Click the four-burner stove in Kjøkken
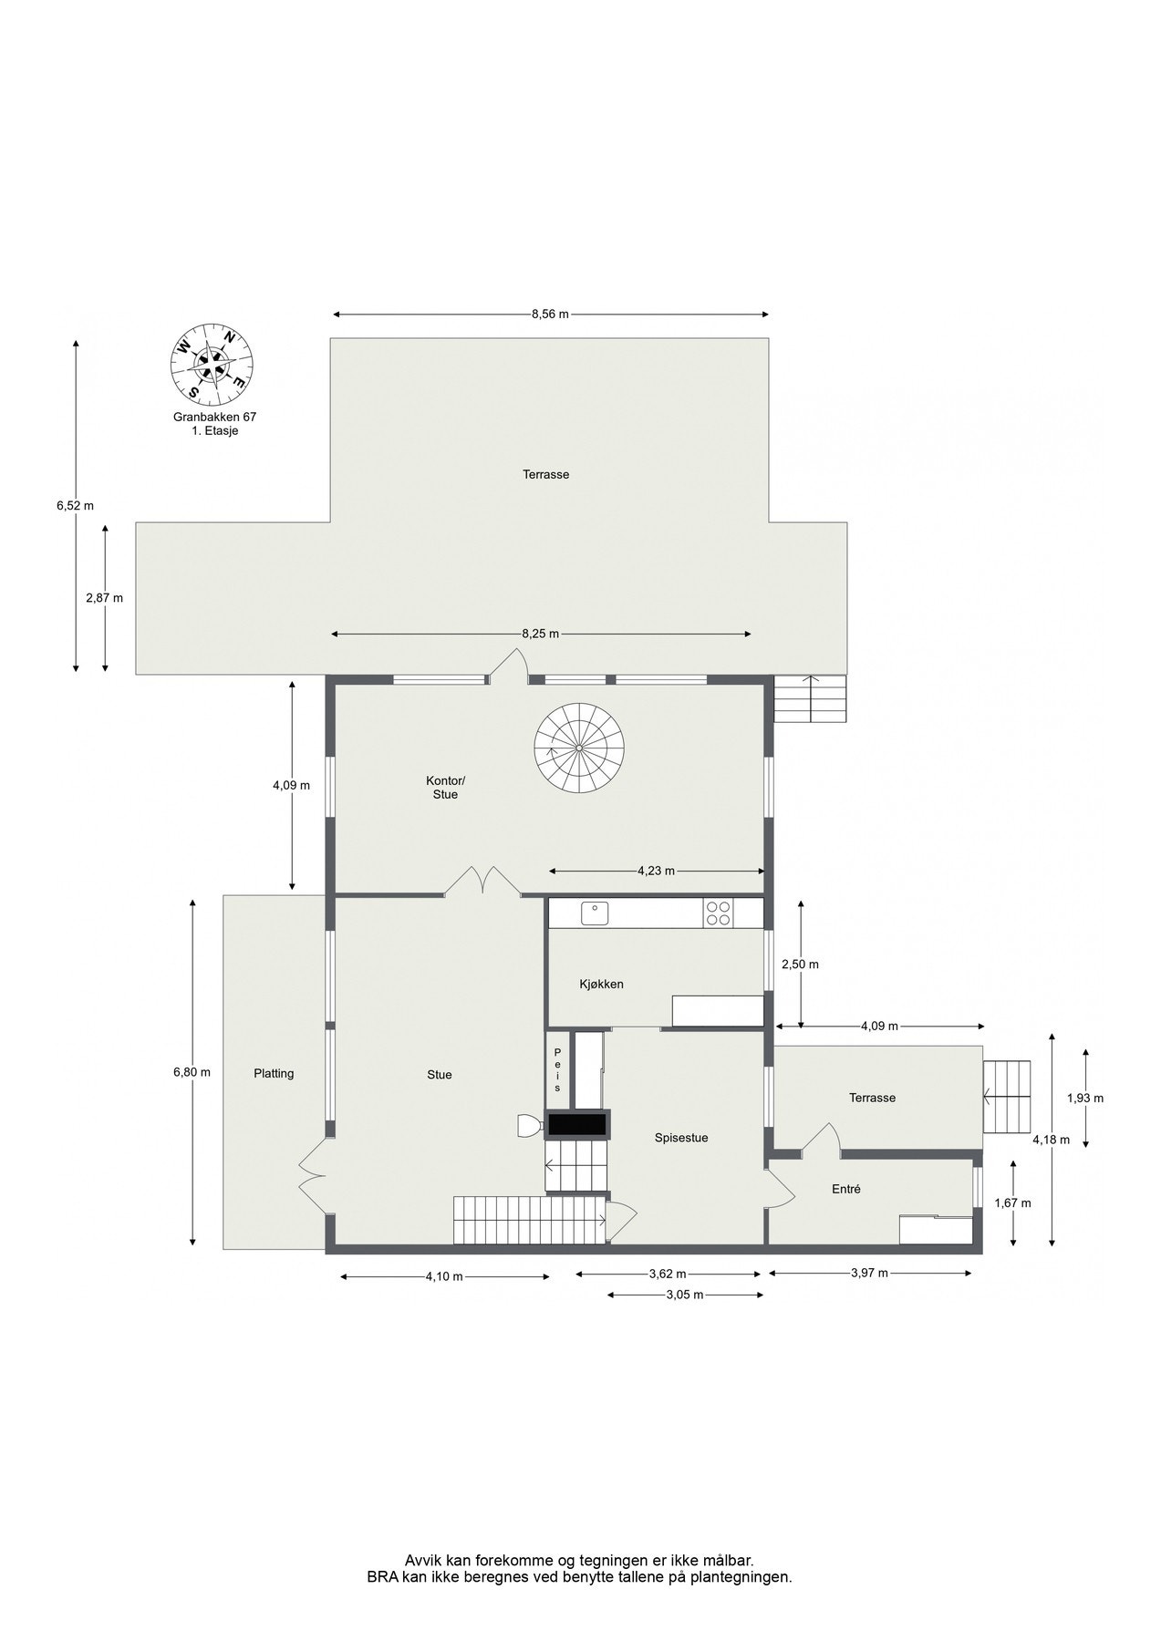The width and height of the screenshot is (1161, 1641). pos(719,913)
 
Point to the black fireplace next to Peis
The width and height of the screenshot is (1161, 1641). pos(577,1125)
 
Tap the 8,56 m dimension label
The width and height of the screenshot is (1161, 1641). pos(550,315)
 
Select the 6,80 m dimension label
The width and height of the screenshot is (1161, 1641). pos(192,1072)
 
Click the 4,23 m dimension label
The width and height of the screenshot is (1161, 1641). pos(656,871)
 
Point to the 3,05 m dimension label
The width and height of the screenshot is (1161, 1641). pos(685,1295)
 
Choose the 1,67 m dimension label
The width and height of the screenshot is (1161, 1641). pos(1012,1202)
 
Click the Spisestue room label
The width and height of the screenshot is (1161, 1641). pos(681,1138)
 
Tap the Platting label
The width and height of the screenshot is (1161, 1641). pos(274,1073)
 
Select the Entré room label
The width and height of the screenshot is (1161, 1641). pos(846,1189)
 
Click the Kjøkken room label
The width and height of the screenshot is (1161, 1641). pos(601,984)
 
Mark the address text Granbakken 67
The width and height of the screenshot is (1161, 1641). pos(215,417)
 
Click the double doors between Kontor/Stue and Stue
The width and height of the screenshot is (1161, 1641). pos(483,882)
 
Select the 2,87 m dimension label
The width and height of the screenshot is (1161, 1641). pos(104,598)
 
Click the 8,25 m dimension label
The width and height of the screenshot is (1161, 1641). pos(540,634)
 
